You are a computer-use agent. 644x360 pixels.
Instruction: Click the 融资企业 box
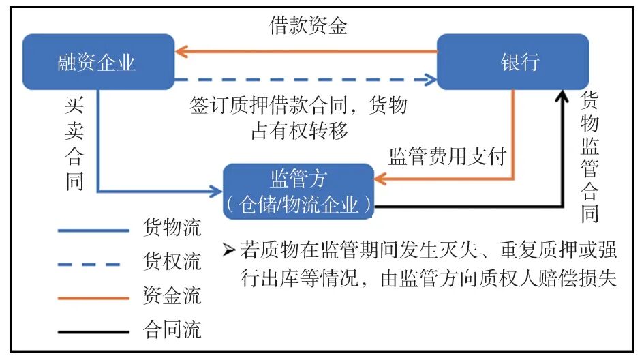coord(97,63)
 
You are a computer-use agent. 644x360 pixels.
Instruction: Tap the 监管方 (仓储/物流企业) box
coord(298,190)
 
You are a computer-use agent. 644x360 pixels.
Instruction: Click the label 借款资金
coord(308,27)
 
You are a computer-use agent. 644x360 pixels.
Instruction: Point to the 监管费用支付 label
coord(447,156)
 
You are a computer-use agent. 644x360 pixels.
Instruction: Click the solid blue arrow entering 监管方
coord(164,191)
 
